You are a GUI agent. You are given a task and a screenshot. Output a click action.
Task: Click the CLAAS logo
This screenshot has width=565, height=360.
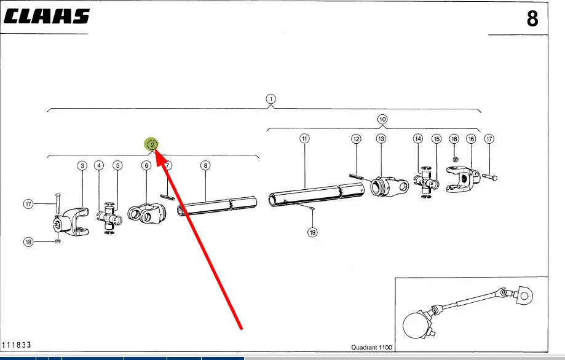tap(47, 16)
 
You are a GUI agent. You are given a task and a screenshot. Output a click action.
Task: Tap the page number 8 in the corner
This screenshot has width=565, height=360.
tap(532, 19)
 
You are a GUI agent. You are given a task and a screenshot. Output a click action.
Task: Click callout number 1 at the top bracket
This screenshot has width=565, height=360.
tap(271, 98)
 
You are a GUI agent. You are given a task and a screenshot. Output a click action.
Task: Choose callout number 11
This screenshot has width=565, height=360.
tap(304, 139)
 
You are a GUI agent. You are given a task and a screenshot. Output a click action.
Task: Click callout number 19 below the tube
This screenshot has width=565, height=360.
tap(312, 233)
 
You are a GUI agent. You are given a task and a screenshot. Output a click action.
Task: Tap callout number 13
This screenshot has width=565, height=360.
tap(381, 139)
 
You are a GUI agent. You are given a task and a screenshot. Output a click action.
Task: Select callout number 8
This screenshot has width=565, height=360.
tap(205, 165)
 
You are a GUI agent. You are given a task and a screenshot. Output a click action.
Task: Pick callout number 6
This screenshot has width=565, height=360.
tap(146, 165)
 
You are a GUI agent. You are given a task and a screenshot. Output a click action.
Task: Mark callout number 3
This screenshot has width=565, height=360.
tap(82, 165)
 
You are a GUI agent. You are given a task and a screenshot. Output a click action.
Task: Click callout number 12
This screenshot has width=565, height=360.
tap(356, 139)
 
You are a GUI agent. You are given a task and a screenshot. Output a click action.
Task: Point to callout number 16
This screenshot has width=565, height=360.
tap(471, 139)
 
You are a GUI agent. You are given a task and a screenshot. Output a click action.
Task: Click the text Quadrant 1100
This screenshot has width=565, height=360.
tap(371, 348)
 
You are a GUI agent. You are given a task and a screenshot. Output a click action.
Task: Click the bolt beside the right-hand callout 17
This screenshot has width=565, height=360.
tap(490, 177)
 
